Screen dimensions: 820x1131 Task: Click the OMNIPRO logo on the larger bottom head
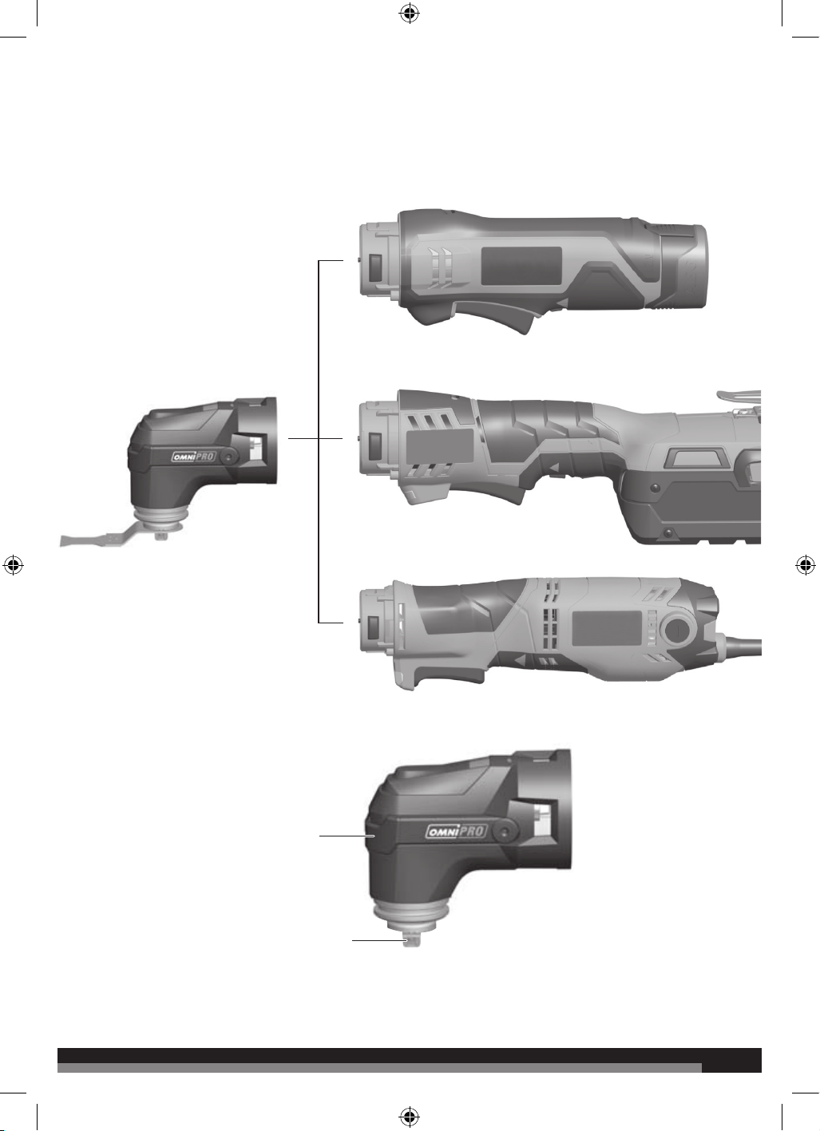tap(457, 831)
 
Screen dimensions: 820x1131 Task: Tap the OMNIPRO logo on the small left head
tap(194, 457)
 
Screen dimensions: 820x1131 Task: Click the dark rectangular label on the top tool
tap(521, 266)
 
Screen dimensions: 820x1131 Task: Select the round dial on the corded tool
tap(678, 630)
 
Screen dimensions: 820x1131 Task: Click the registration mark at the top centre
tap(410, 13)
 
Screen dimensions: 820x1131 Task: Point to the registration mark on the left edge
tap(13, 565)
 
